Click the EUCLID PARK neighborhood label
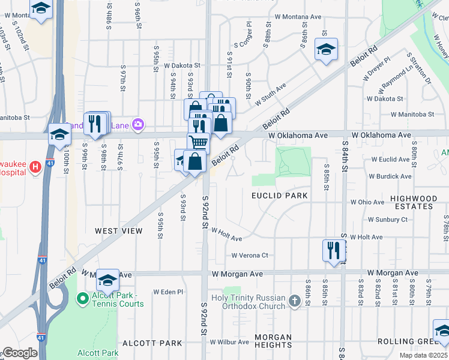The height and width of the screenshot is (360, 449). [x=280, y=196]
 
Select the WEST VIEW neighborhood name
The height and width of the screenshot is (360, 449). [x=118, y=231]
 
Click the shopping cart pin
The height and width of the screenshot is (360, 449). [x=199, y=142]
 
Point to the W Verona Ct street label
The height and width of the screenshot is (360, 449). [x=250, y=255]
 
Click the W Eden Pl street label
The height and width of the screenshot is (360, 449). [x=167, y=292]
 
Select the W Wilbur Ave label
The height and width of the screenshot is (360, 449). [x=228, y=342]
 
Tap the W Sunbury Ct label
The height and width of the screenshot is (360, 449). [x=387, y=220]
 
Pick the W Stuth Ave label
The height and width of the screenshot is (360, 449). [x=270, y=94]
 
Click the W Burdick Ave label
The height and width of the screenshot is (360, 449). [x=390, y=176]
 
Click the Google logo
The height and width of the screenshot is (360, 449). [x=20, y=353]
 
